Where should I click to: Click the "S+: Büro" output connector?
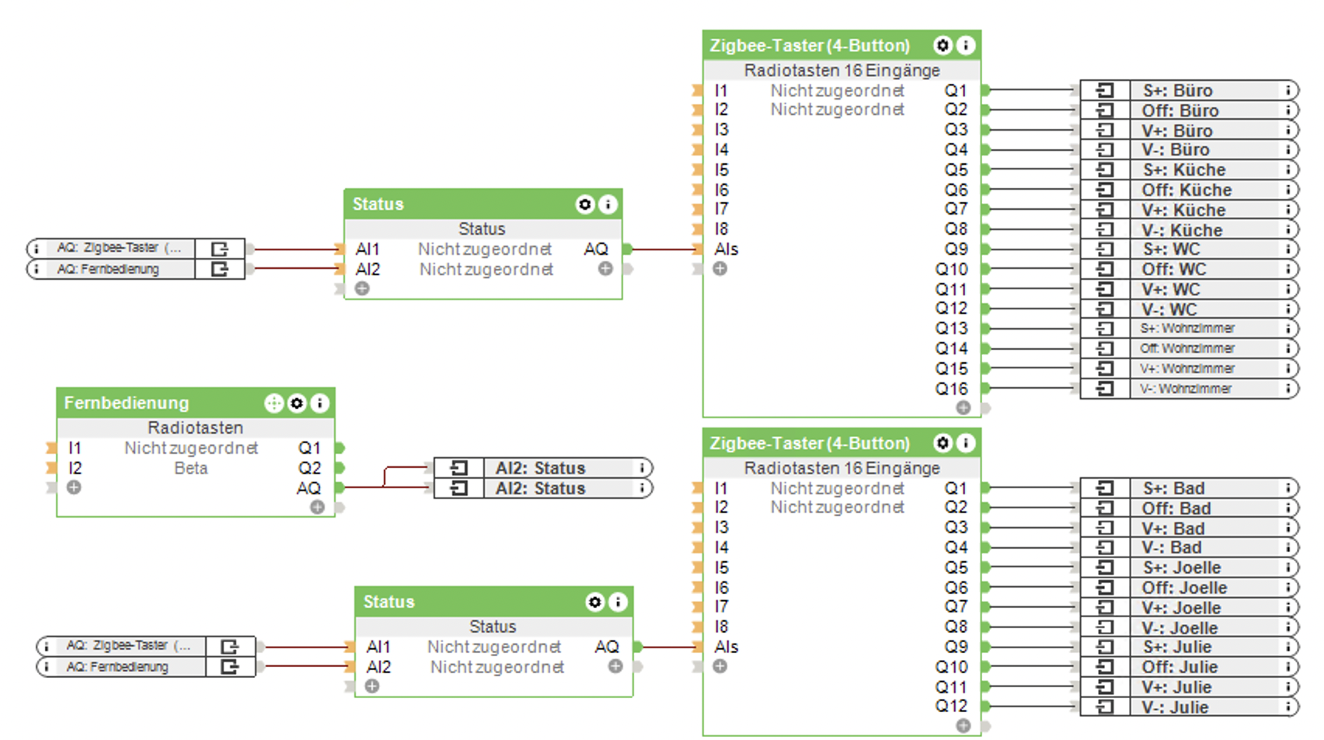pyautogui.click(x=1177, y=90)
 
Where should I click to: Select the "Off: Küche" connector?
pyautogui.click(x=1186, y=190)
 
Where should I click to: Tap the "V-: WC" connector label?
pyautogui.click(x=1169, y=309)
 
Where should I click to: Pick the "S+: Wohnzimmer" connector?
pyautogui.click(x=1187, y=329)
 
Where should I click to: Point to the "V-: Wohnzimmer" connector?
pyautogui.click(x=1186, y=389)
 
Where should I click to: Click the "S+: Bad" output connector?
pyautogui.click(x=1173, y=488)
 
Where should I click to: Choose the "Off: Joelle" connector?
pyautogui.click(x=1184, y=588)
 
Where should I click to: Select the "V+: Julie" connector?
pyautogui.click(x=1176, y=687)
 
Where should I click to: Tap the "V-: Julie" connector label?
pyautogui.click(x=1175, y=707)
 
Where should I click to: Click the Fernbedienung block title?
pyautogui.click(x=127, y=403)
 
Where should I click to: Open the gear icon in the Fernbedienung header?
pyautogui.click(x=297, y=403)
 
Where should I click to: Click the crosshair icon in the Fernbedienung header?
pyautogui.click(x=274, y=403)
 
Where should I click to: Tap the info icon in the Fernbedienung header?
pyautogui.click(x=319, y=403)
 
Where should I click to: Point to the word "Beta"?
pyautogui.click(x=191, y=468)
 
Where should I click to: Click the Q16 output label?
pyautogui.click(x=951, y=389)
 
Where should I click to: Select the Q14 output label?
pyautogui.click(x=951, y=349)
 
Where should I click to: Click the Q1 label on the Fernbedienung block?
pyautogui.click(x=309, y=448)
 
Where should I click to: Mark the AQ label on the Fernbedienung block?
pyautogui.click(x=308, y=488)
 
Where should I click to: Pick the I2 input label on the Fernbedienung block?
pyautogui.click(x=75, y=468)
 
